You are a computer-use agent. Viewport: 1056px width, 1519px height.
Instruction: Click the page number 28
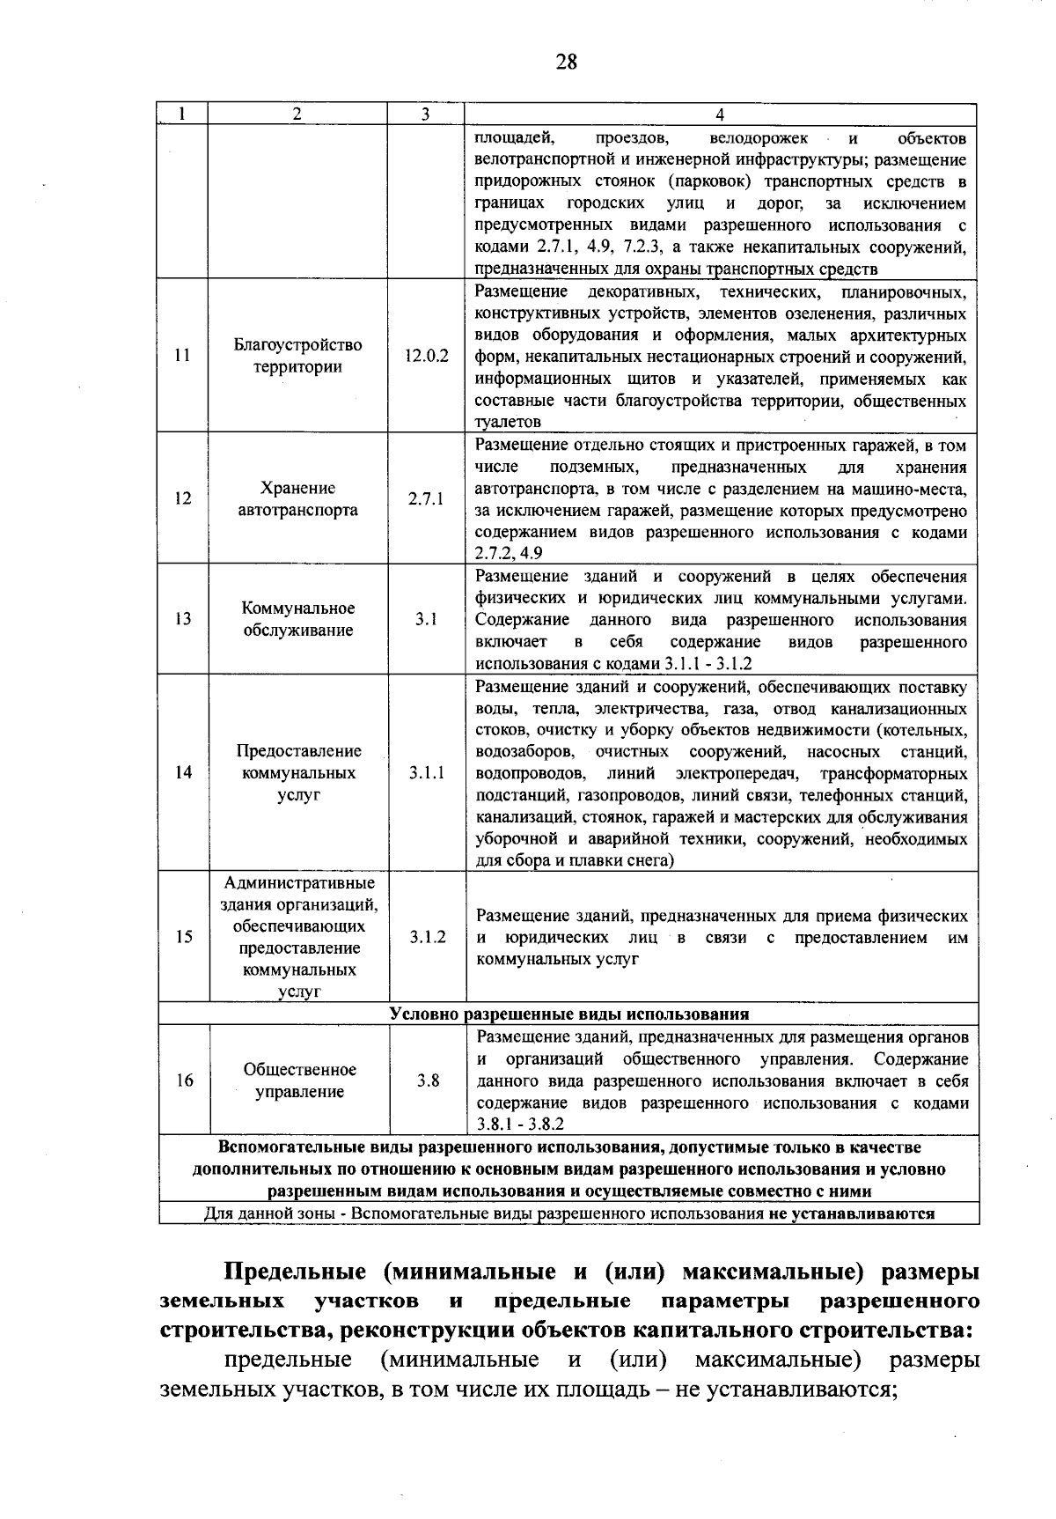tap(566, 62)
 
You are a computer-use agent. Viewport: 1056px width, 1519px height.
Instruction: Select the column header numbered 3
tap(425, 114)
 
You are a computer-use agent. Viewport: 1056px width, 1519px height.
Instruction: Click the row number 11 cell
tap(183, 356)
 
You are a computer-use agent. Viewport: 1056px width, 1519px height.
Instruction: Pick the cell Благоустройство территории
tap(297, 356)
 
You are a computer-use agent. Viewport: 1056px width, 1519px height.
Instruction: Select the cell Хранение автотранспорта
tap(297, 498)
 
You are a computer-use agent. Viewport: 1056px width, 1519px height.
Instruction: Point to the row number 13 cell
tap(183, 619)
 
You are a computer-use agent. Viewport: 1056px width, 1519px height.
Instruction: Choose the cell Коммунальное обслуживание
tap(297, 619)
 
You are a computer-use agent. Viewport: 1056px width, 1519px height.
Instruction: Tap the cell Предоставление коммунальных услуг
tap(297, 772)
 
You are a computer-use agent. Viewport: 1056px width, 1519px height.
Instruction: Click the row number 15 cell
tap(183, 937)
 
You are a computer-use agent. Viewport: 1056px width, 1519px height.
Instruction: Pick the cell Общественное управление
tap(299, 1080)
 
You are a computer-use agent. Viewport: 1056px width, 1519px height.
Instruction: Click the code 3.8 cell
tap(428, 1080)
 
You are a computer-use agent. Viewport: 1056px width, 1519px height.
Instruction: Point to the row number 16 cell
tap(183, 1080)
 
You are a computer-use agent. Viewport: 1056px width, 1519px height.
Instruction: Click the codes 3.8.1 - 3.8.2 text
tap(520, 1125)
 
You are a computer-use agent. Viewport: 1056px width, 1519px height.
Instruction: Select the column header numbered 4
tap(719, 114)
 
